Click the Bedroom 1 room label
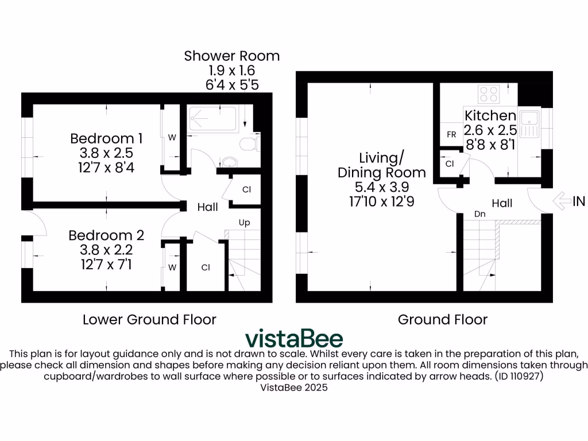[x=106, y=138]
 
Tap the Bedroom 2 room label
[x=106, y=235]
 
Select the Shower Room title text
[x=232, y=56]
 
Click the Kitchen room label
[x=490, y=115]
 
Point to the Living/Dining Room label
[x=381, y=165]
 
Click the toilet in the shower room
[x=247, y=144]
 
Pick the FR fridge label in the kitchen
[x=451, y=134]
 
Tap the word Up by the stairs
[x=244, y=222]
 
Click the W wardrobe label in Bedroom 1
[x=172, y=137]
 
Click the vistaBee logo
[x=294, y=338]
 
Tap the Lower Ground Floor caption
[x=149, y=319]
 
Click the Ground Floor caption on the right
[x=442, y=319]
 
